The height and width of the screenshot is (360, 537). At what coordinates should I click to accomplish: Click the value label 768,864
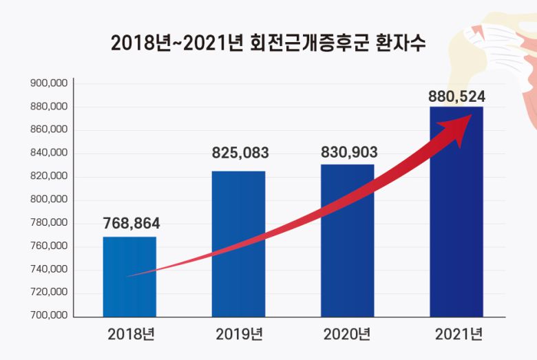[x=131, y=224]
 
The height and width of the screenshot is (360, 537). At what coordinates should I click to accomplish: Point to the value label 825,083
[x=240, y=153]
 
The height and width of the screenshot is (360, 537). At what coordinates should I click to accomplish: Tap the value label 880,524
[x=457, y=97]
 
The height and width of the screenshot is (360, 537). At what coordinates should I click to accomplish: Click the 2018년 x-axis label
[x=131, y=335]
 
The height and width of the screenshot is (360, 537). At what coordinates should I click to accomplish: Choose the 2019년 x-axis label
[x=239, y=335]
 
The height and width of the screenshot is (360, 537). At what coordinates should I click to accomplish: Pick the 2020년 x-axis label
[x=347, y=335]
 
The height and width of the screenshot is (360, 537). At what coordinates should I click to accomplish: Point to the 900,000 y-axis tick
[x=49, y=83]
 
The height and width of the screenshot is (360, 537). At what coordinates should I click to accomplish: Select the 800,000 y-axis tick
[x=49, y=200]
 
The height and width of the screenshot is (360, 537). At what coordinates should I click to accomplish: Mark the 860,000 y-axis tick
[x=49, y=129]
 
